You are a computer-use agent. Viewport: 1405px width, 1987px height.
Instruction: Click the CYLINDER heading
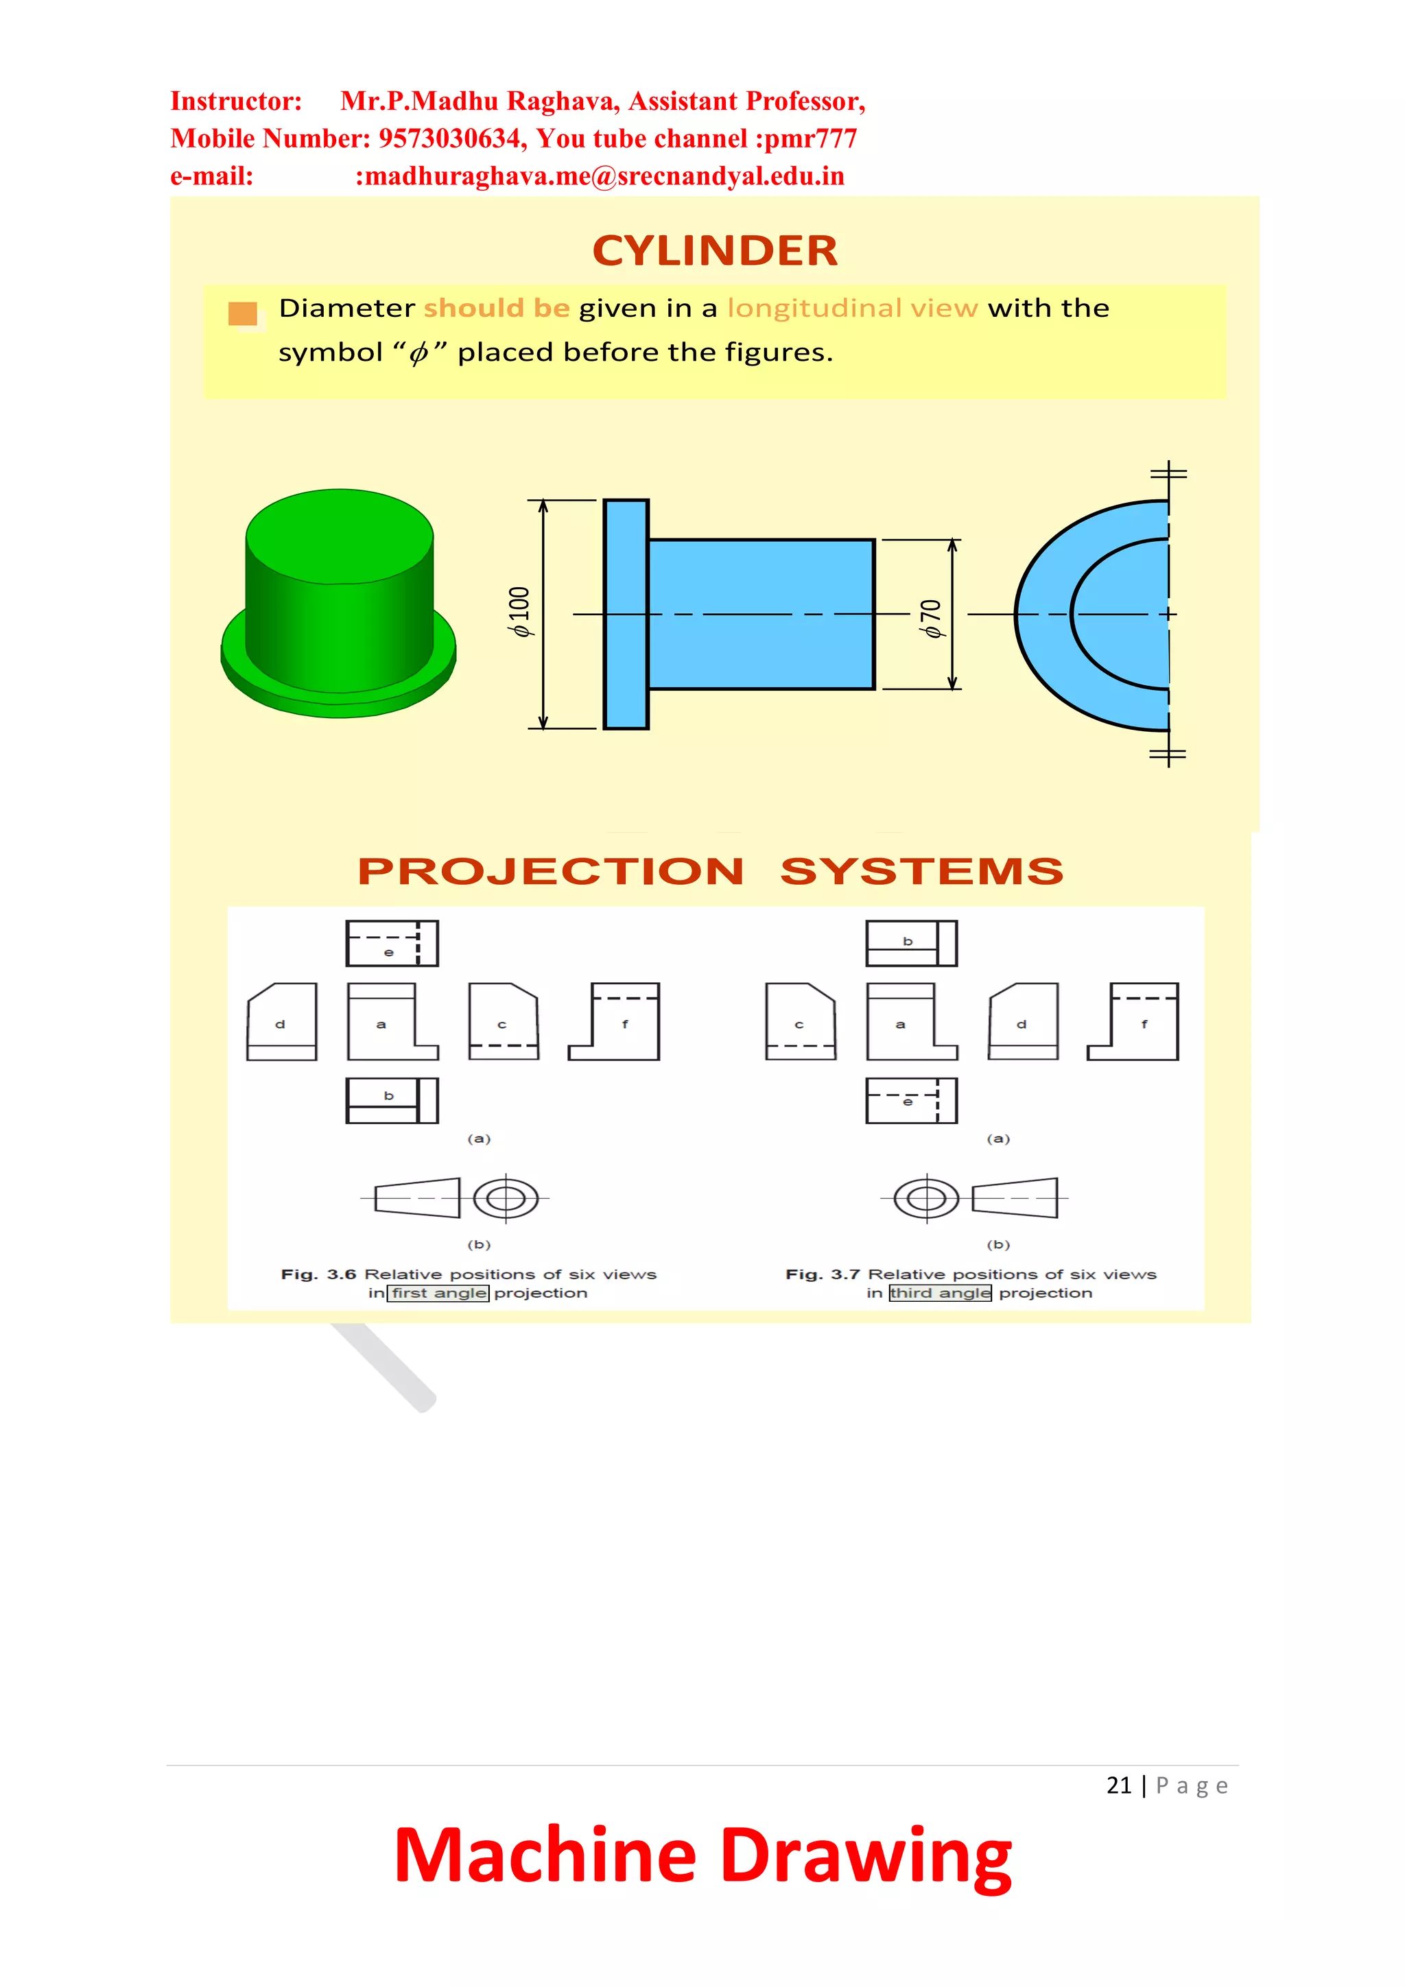pos(714,251)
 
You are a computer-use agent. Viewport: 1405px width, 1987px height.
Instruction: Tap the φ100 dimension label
pos(519,612)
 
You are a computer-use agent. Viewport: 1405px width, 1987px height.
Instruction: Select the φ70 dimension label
pos(931,618)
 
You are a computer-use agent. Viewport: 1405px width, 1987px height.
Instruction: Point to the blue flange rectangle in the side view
pos(626,614)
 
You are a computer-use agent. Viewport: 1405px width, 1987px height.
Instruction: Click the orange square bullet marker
pos(242,313)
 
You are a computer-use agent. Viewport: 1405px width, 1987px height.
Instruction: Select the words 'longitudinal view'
pos(852,308)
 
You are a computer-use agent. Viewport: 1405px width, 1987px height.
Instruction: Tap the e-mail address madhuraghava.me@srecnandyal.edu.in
pos(599,176)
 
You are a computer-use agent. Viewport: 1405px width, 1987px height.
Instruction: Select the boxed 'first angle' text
pos(438,1293)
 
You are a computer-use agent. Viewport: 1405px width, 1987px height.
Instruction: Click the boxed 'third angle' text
pos(940,1293)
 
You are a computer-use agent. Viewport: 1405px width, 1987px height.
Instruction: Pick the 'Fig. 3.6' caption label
pos(318,1274)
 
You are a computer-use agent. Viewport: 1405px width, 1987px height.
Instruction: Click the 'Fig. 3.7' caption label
pos(822,1274)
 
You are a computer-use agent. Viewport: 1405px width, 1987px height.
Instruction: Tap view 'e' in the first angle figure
pos(391,943)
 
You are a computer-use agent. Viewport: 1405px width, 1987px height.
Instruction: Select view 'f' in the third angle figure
pos(1133,1022)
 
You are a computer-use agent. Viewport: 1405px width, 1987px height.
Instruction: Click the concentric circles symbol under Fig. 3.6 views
pos(506,1199)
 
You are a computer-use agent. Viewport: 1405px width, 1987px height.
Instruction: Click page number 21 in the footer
pos(1118,1785)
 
